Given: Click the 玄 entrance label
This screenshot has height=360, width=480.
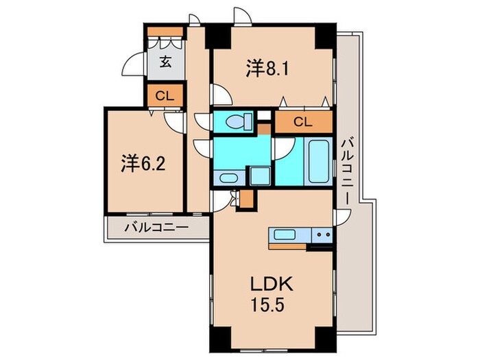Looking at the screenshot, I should [166, 62].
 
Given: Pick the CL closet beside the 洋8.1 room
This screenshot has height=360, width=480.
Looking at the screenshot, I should [302, 122].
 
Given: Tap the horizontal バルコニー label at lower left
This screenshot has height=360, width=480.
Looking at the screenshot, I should [156, 227].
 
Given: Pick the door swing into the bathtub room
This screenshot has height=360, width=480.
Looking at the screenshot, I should [283, 147].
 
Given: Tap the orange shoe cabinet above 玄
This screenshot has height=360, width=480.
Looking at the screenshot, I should [166, 34].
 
